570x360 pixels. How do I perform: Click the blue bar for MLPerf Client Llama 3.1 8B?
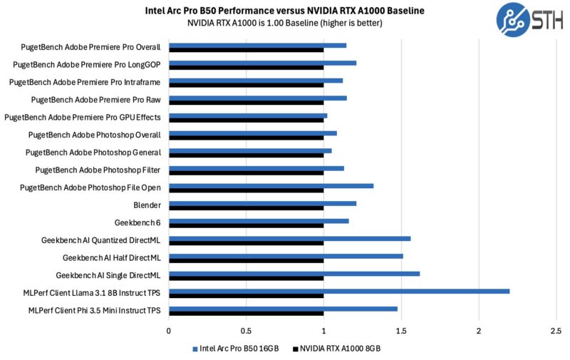tap(338, 291)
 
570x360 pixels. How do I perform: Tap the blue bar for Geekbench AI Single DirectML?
tap(294, 273)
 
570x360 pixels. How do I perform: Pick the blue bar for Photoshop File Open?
tap(271, 186)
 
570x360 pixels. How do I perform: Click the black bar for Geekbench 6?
tap(246, 225)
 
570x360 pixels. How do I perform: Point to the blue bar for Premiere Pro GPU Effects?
tap(247, 115)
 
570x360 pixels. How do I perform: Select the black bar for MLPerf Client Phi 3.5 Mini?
tap(246, 313)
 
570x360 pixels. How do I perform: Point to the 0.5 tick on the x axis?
tap(246, 331)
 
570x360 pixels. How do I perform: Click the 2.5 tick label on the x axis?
tap(556, 331)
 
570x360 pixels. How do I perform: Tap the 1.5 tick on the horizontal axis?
tap(401, 331)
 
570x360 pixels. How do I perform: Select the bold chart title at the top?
tap(284, 11)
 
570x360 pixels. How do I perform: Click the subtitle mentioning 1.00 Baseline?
tap(284, 23)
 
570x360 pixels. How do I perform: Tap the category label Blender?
tap(146, 205)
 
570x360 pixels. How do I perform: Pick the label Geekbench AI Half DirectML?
tap(111, 257)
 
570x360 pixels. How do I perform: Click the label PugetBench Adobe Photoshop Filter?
tap(98, 170)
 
